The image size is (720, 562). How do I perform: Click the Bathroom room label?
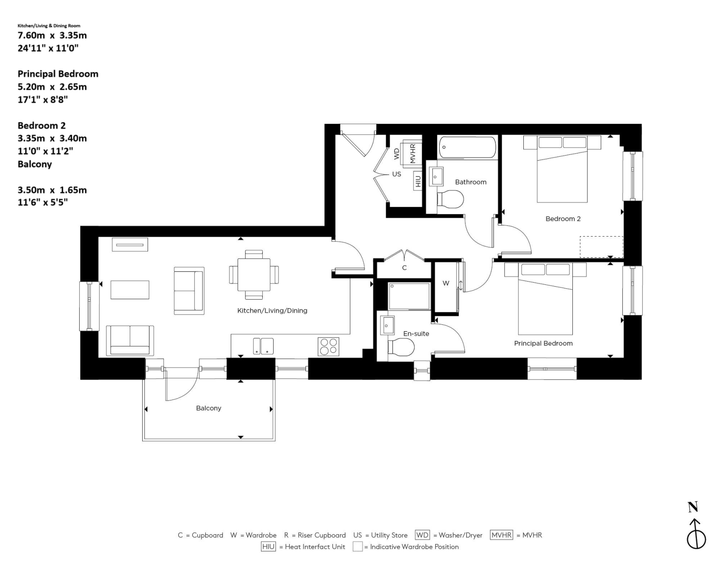(x=471, y=182)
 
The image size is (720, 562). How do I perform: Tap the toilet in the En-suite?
(x=401, y=347)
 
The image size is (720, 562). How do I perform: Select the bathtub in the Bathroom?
(x=467, y=148)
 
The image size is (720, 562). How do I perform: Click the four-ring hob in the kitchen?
(x=328, y=346)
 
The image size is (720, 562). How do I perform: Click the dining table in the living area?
(x=254, y=274)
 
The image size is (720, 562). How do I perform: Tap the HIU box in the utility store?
(x=418, y=180)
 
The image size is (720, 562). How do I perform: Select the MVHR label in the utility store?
(x=413, y=153)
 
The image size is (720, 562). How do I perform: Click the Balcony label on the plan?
(x=208, y=408)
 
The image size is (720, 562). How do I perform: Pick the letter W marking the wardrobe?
(x=446, y=283)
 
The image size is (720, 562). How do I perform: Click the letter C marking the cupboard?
(x=404, y=268)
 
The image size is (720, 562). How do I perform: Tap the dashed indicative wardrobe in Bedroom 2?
(x=601, y=247)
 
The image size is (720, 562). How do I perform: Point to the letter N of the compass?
(x=693, y=507)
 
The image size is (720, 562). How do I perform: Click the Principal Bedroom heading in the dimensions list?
(x=58, y=73)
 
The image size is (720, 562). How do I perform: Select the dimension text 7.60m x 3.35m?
(x=52, y=35)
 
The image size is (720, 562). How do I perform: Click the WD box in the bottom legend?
(x=422, y=535)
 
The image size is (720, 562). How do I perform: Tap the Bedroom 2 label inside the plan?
(x=563, y=219)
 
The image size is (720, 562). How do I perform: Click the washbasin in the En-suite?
(x=387, y=325)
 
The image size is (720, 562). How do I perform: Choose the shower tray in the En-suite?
(x=409, y=296)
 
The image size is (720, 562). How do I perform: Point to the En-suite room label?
(x=416, y=333)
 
